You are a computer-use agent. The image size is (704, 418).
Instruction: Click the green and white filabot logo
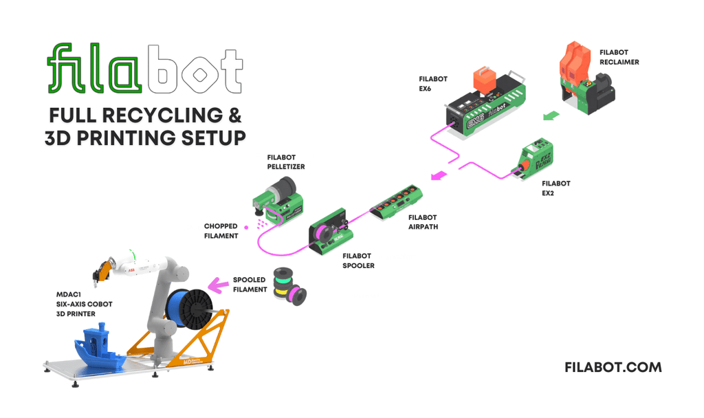(145, 69)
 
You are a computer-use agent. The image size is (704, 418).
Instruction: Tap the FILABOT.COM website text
(613, 367)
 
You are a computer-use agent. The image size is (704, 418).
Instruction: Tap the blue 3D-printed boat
(96, 346)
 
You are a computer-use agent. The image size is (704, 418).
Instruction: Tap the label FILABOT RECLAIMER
(619, 57)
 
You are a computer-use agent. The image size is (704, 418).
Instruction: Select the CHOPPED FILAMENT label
(221, 230)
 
